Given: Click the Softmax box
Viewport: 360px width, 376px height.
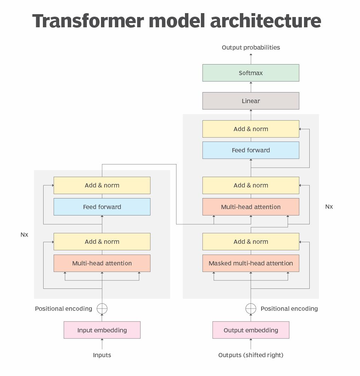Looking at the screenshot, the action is pyautogui.click(x=251, y=73).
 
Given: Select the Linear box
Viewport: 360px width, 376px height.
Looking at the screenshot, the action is pyautogui.click(x=251, y=101).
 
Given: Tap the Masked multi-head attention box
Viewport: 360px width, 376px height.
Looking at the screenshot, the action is pyautogui.click(x=251, y=263).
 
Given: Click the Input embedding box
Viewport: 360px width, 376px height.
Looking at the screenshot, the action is pyautogui.click(x=102, y=330).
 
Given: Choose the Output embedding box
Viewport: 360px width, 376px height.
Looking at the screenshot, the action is pyautogui.click(x=251, y=330).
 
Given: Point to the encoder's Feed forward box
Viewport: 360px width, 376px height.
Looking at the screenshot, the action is pyautogui.click(x=102, y=207).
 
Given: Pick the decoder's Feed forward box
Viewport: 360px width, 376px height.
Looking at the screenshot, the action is pyautogui.click(x=251, y=150).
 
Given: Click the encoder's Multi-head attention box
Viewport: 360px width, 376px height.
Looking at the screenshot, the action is pyautogui.click(x=102, y=263).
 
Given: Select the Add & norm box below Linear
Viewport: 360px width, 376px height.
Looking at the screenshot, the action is pyautogui.click(x=251, y=129).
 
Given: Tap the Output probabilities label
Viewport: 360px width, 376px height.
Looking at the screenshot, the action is pyautogui.click(x=251, y=47).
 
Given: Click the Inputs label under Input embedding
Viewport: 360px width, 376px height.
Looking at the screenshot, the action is pyautogui.click(x=102, y=355).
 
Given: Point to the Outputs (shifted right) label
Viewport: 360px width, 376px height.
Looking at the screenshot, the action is pyautogui.click(x=251, y=355).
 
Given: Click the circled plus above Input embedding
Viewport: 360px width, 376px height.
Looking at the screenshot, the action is pyautogui.click(x=102, y=309).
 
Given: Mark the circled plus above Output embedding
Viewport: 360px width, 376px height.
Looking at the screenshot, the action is pyautogui.click(x=251, y=309).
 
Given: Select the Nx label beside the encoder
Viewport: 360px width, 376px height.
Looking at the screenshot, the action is pyautogui.click(x=24, y=235).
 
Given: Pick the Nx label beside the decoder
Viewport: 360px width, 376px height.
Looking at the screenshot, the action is pyautogui.click(x=329, y=207).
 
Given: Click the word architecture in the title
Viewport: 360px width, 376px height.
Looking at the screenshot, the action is pyautogui.click(x=265, y=21).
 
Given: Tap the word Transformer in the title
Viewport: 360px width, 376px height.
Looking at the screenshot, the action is pyautogui.click(x=88, y=21).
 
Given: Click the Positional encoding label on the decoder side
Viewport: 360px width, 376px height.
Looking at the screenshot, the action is pyautogui.click(x=289, y=309).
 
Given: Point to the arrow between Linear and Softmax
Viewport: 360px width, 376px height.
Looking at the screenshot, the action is pyautogui.click(x=251, y=87).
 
